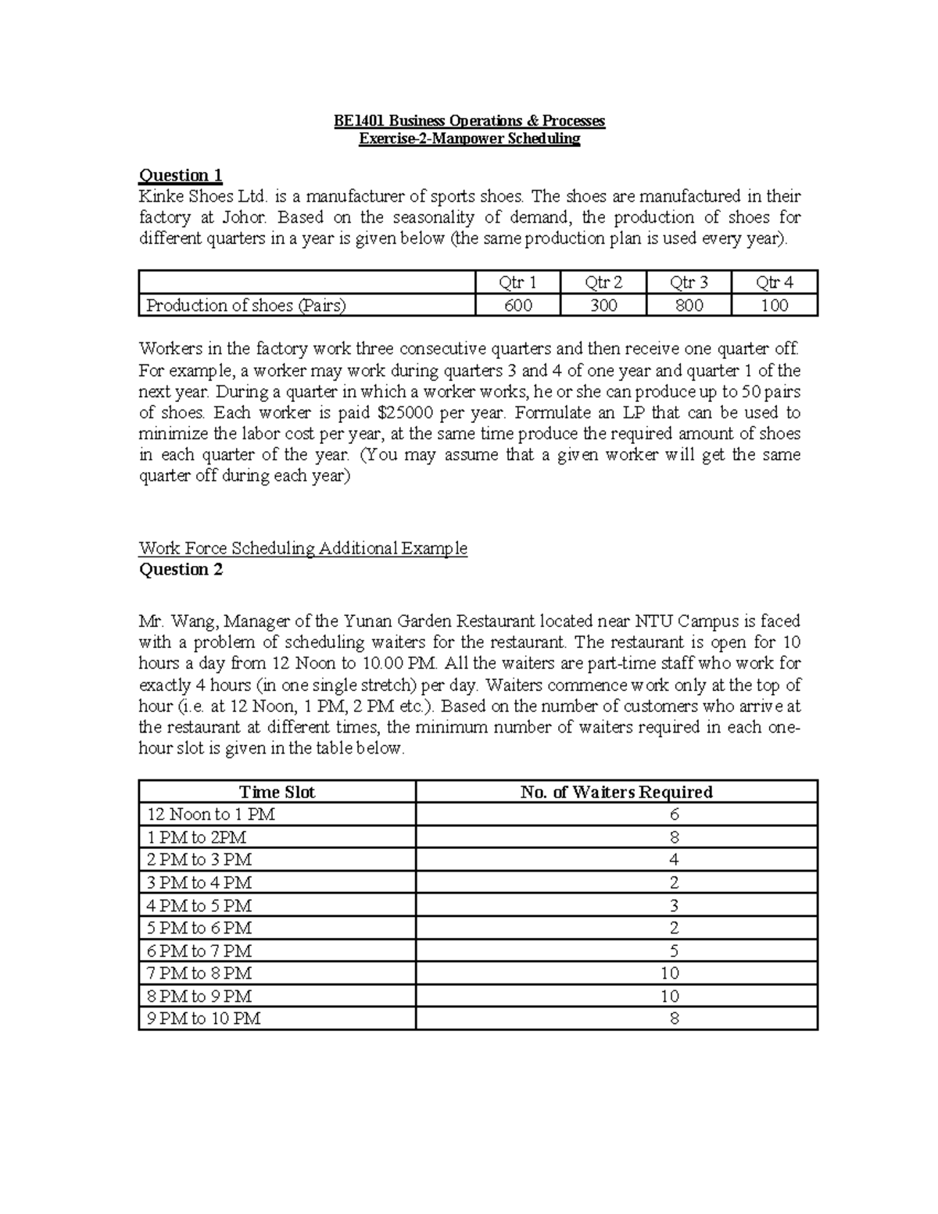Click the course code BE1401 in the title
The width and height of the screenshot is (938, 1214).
coord(360,120)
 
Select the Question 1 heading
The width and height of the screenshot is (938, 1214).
coord(181,174)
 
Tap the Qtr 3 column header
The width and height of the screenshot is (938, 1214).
coord(689,283)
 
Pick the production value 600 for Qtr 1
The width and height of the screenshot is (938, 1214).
coord(517,306)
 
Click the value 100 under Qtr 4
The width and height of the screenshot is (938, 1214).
coord(774,306)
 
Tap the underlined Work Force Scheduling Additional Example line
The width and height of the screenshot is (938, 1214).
coord(303,548)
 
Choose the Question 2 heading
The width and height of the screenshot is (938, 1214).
coord(181,569)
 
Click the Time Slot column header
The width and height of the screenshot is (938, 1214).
coord(277,792)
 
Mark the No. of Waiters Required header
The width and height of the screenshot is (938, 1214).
coord(616,792)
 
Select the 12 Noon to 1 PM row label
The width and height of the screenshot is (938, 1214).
coord(211,815)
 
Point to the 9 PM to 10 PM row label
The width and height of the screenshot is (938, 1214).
coord(204,1019)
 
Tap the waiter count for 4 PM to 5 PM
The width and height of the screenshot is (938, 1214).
coord(674,905)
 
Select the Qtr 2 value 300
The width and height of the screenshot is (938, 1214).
coord(603,306)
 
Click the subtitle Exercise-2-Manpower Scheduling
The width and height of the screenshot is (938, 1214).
coord(469,139)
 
